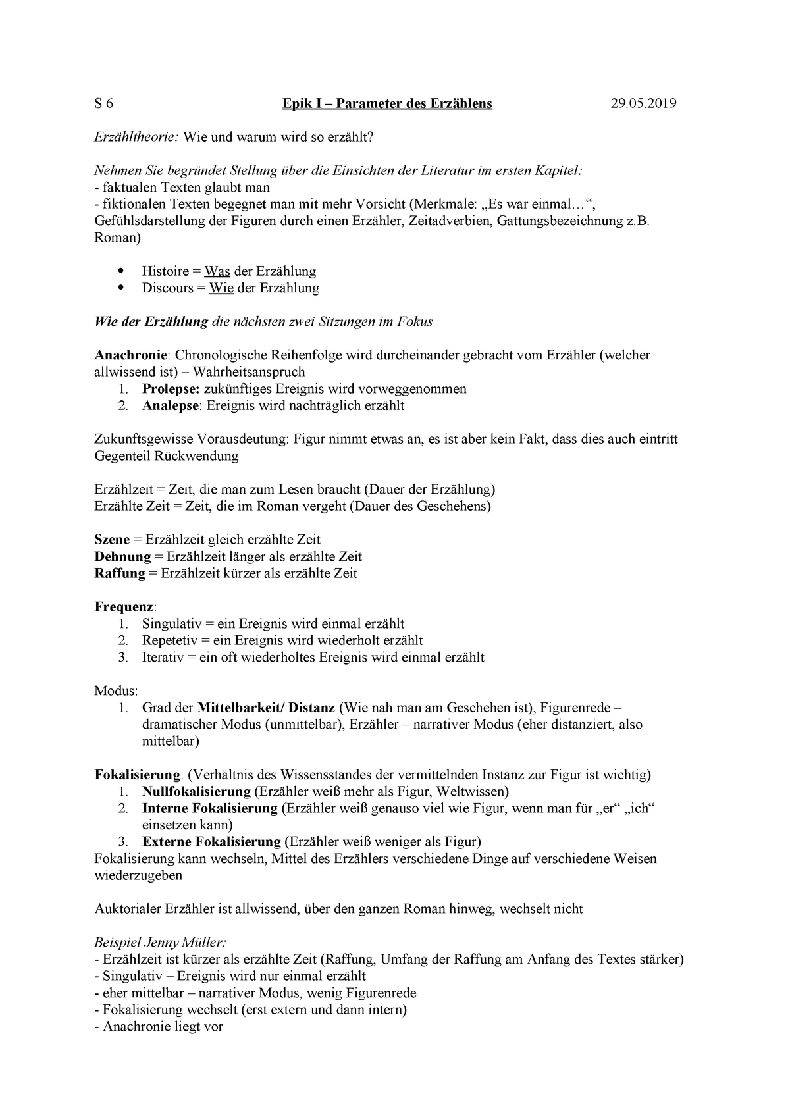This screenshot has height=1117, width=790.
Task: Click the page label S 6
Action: [x=104, y=104]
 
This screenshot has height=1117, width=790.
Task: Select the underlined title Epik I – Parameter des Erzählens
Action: [x=387, y=104]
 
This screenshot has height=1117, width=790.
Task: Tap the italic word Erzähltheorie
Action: [x=136, y=137]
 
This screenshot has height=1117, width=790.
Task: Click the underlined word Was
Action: [x=217, y=271]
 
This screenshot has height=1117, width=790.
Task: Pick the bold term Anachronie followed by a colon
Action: [x=132, y=355]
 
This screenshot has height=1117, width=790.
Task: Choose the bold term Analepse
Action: [x=170, y=405]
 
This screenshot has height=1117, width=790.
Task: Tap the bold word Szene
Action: [x=112, y=540]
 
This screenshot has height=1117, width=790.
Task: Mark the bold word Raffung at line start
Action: [x=120, y=573]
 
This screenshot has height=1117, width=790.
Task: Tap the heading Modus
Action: [x=115, y=691]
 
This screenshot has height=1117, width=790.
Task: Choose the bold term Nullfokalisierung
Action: [x=196, y=791]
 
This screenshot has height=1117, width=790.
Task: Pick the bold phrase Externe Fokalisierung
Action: [x=211, y=842]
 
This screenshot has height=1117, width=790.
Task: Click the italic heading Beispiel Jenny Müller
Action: [x=160, y=943]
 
